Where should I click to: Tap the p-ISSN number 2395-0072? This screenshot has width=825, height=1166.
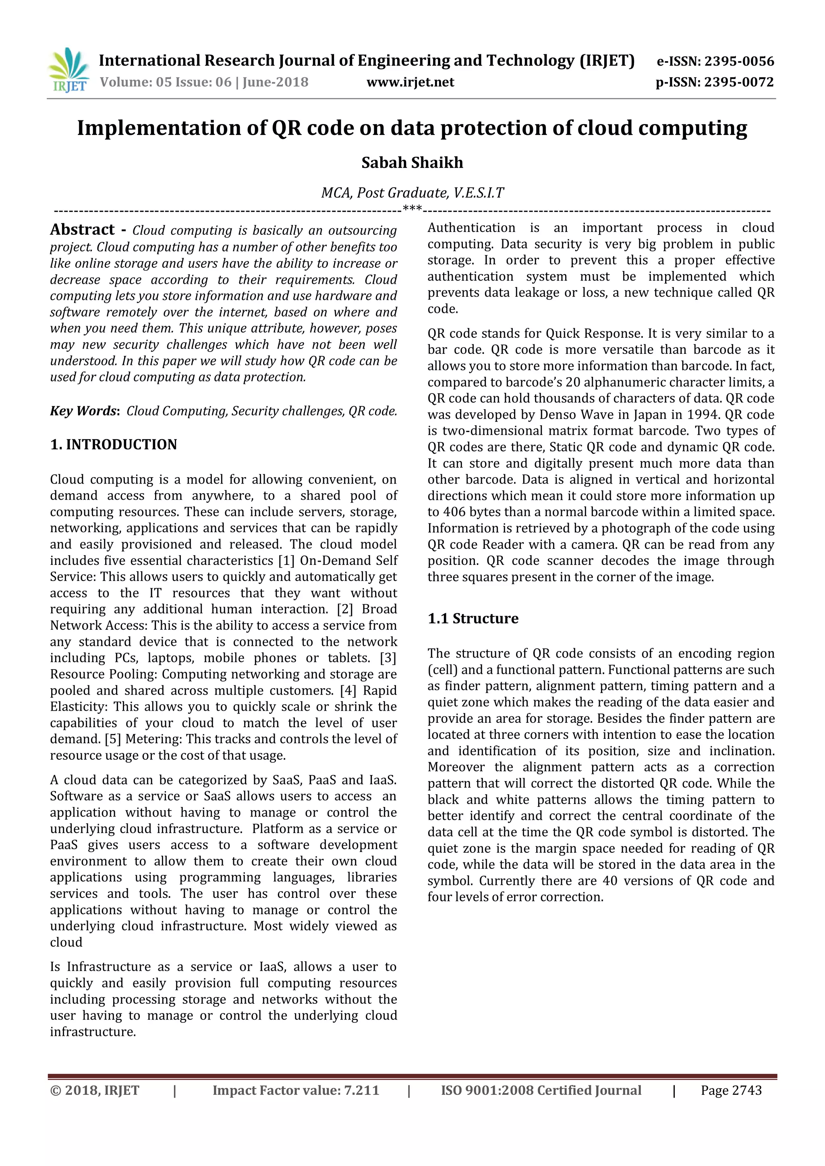(739, 82)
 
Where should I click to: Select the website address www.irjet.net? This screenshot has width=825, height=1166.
(410, 82)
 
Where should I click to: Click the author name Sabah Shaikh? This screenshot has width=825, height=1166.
(412, 163)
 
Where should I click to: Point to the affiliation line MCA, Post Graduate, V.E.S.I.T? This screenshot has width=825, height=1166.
(412, 193)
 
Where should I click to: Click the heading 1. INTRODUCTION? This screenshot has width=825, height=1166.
(113, 444)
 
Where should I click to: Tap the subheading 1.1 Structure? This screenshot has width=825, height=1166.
(473, 618)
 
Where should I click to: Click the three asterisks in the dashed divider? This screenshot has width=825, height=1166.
(412, 208)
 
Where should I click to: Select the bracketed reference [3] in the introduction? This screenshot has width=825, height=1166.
(388, 658)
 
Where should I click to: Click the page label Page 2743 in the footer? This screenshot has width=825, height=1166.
(731, 1090)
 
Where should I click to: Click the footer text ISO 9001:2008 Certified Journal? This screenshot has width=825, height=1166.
(541, 1090)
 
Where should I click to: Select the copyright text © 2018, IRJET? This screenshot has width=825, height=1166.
(95, 1090)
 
